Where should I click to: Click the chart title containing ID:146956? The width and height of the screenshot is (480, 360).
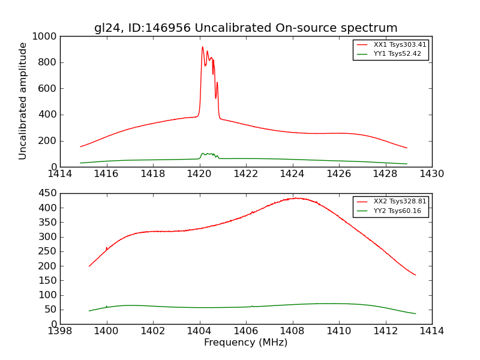[245, 28]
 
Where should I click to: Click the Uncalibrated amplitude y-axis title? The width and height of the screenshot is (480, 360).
[23, 101]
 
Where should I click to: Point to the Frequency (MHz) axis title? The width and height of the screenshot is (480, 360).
[245, 343]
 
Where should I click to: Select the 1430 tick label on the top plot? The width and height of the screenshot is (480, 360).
[431, 174]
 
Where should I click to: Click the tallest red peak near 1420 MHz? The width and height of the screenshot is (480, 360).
[203, 47]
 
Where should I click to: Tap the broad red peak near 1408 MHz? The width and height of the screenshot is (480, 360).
[295, 198]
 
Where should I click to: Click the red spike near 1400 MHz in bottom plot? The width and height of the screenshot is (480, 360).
[107, 247]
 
